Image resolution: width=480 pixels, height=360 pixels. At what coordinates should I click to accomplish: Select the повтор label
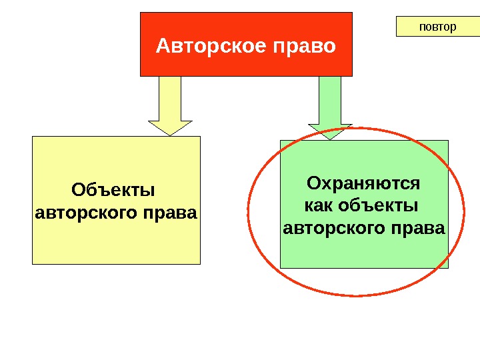[x=437, y=27]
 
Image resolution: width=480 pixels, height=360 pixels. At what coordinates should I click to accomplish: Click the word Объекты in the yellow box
[x=113, y=191]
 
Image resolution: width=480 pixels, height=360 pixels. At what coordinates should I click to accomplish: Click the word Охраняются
[x=363, y=183]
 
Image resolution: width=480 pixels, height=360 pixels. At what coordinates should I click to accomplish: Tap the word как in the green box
[x=319, y=205]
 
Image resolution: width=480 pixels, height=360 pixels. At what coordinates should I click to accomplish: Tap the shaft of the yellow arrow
[x=170, y=98]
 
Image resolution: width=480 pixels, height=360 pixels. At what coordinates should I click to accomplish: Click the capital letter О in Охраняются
[x=313, y=183]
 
